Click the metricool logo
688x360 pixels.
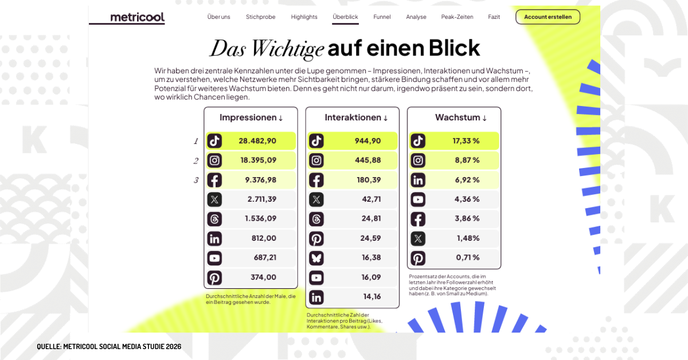coord(137,17)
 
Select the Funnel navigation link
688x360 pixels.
coord(382,17)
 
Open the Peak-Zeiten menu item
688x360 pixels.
coord(457,17)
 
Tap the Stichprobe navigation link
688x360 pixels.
coord(260,17)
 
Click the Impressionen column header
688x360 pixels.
coord(251,118)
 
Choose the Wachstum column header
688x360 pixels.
coord(460,118)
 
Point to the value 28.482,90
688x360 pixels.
coord(258,141)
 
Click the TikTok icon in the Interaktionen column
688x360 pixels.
coord(316,141)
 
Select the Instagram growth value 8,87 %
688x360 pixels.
coord(467,161)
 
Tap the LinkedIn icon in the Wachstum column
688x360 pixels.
coord(418,180)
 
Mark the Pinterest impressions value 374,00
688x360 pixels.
coord(263,277)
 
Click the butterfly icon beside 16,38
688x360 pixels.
coord(316,258)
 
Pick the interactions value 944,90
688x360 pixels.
coord(368,141)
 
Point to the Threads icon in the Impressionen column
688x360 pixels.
coord(214,219)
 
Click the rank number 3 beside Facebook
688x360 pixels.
coord(196,181)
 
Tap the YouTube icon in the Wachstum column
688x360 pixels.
coord(418,199)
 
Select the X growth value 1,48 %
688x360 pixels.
coord(468,238)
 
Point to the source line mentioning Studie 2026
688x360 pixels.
coord(109,347)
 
